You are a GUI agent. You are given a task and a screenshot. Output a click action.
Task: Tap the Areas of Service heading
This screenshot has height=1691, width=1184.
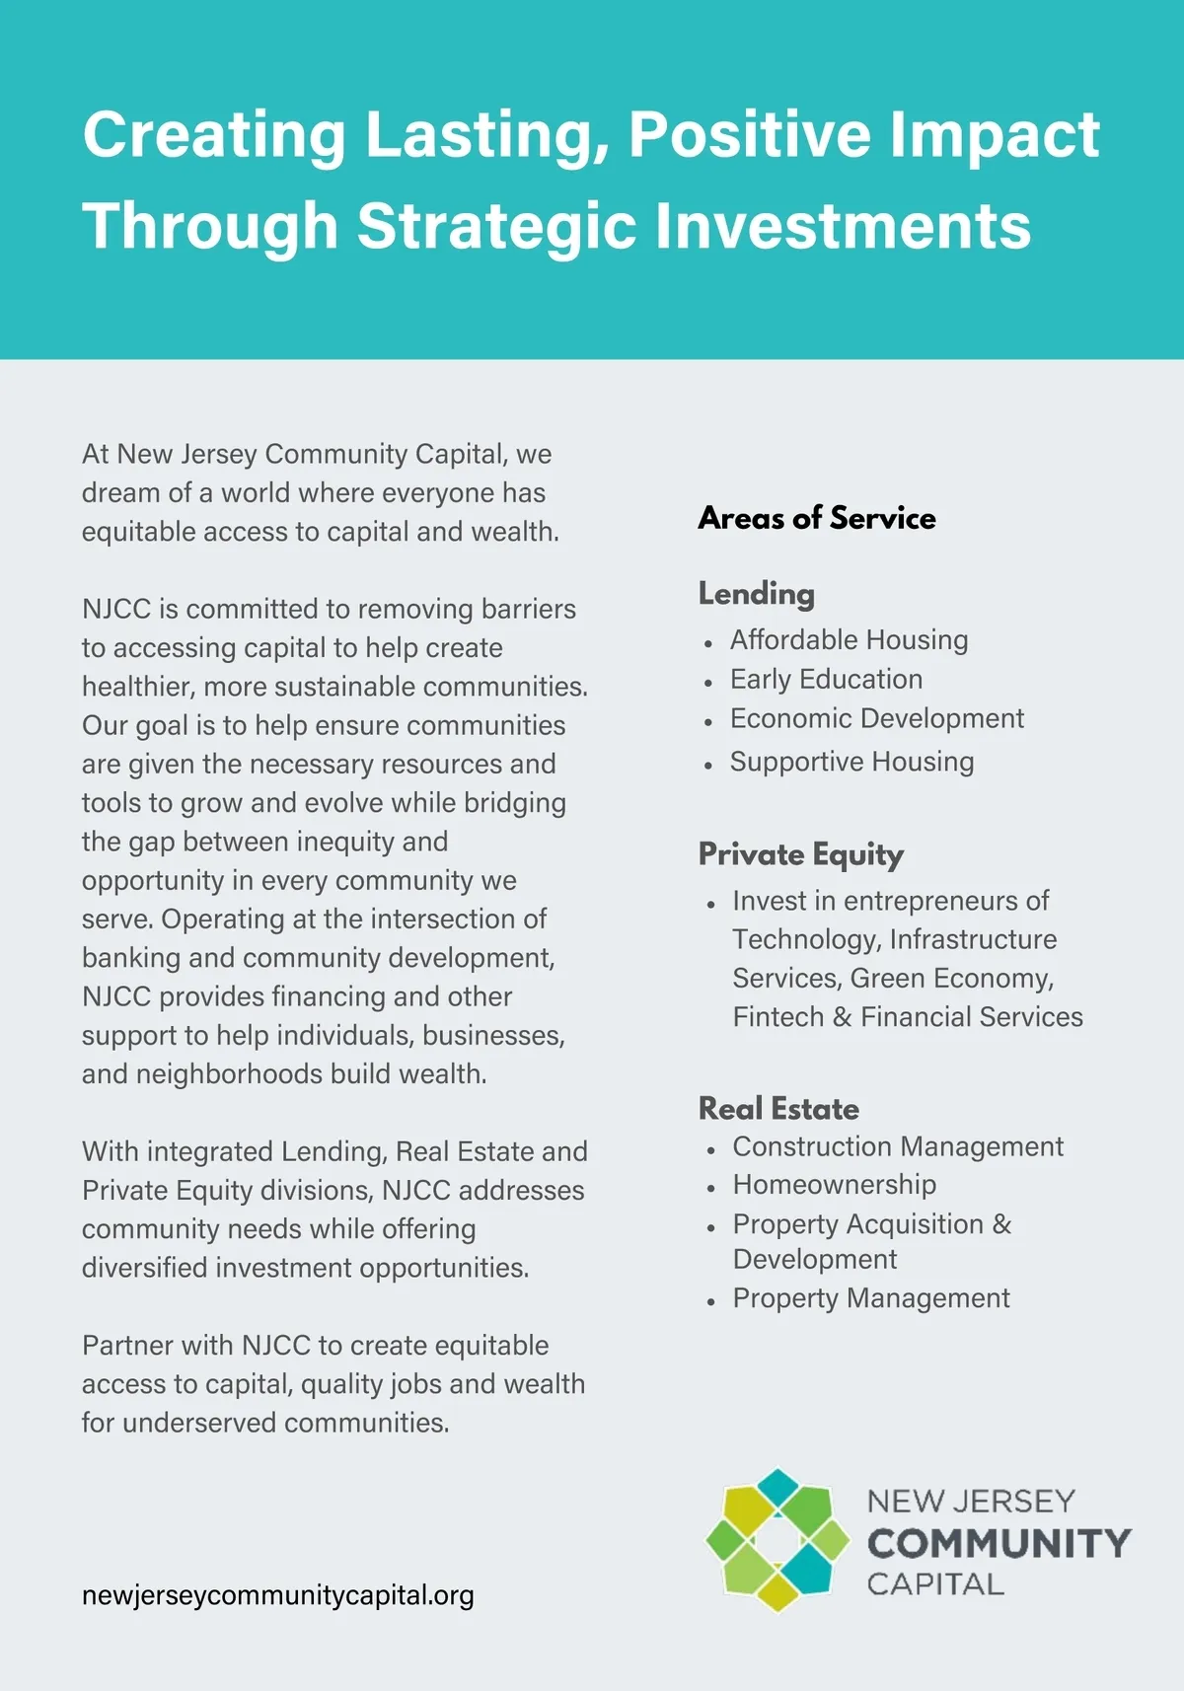pyautogui.click(x=817, y=518)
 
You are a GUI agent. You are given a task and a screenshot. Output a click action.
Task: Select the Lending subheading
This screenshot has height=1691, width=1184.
pyautogui.click(x=757, y=593)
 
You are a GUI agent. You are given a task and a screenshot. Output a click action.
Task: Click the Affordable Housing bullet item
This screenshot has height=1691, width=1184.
pyautogui.click(x=849, y=640)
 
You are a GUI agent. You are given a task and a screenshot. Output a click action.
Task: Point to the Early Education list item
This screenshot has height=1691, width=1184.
pyautogui.click(x=826, y=680)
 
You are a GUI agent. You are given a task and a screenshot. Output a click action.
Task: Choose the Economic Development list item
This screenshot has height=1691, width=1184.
pyautogui.click(x=876, y=718)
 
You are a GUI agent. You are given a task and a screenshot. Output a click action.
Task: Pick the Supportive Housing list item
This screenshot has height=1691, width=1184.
pyautogui.click(x=851, y=762)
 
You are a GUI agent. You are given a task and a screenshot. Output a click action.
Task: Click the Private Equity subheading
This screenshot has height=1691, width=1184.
pyautogui.click(x=800, y=854)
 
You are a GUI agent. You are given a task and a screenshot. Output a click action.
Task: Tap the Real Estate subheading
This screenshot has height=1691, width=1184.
pyautogui.click(x=778, y=1108)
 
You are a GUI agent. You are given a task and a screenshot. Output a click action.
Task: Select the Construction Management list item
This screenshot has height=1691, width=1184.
pyautogui.click(x=897, y=1146)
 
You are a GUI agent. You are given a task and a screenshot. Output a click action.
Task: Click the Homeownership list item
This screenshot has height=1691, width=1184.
pyautogui.click(x=834, y=1184)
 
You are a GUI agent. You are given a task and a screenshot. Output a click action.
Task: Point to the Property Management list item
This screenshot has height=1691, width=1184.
pyautogui.click(x=870, y=1298)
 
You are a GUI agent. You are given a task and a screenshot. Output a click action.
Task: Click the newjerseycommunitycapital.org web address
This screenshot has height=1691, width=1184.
pyautogui.click(x=278, y=1595)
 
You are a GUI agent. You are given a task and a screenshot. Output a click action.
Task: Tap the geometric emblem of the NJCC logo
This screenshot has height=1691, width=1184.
pyautogui.click(x=777, y=1540)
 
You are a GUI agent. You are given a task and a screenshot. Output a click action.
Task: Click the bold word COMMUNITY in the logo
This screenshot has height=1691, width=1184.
pyautogui.click(x=999, y=1543)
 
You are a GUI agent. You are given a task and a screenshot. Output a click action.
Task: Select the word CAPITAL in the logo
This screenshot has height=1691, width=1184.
pyautogui.click(x=934, y=1584)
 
